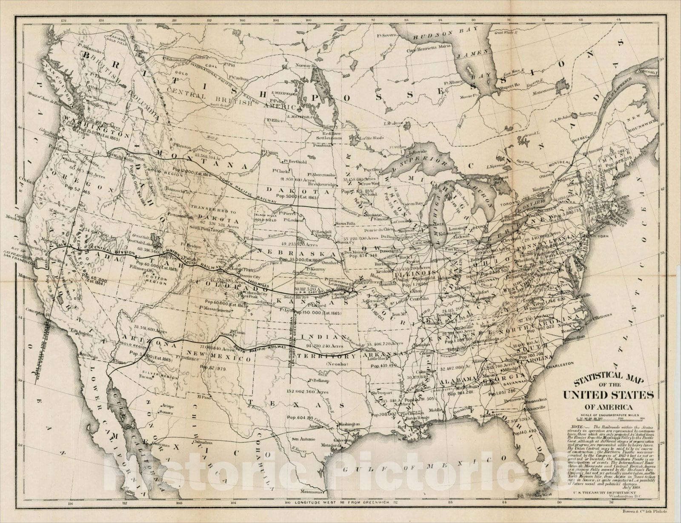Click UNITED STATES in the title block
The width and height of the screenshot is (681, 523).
click(x=609, y=394)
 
